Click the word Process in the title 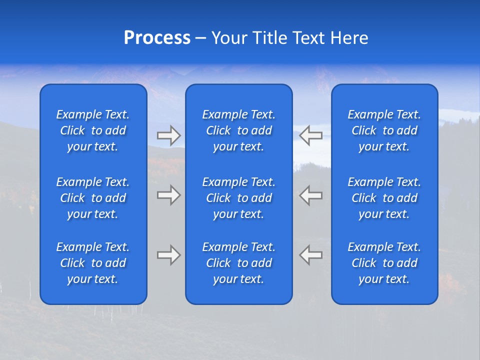click(157, 38)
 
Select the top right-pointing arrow click(168, 135)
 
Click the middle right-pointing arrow click(168, 195)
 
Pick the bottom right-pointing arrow click(168, 255)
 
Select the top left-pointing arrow click(311, 135)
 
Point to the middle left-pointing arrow click(311, 195)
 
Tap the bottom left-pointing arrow click(311, 255)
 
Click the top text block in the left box click(93, 130)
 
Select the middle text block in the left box click(93, 198)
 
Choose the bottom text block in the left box click(93, 263)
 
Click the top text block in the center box click(238, 130)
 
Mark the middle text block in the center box click(238, 198)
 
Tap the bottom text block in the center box click(238, 263)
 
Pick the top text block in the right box click(384, 130)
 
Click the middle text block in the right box click(384, 198)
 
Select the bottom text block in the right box click(384, 263)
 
